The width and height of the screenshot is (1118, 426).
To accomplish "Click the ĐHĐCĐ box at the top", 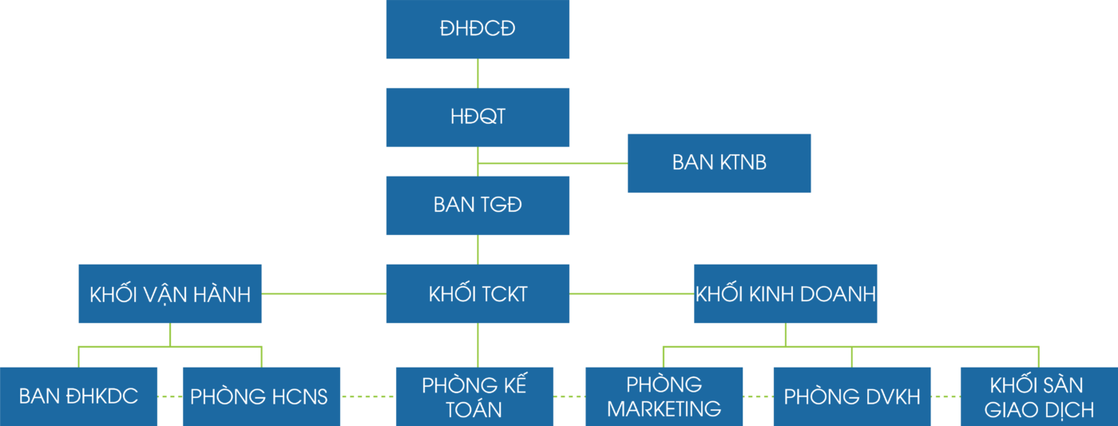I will click(478, 30).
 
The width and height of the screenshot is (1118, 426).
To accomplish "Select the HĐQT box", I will click(478, 117).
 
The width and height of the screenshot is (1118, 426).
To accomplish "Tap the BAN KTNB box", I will click(719, 163).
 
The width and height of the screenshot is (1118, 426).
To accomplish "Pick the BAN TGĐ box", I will click(478, 205).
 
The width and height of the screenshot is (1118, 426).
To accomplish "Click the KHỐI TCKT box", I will click(478, 293).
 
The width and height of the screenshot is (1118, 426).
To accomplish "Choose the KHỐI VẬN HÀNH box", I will click(170, 293).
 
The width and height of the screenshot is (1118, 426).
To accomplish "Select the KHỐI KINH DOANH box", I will click(785, 293).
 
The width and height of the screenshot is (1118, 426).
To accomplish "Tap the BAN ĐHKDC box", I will click(78, 396).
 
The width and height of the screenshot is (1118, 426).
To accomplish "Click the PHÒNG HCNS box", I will click(261, 396).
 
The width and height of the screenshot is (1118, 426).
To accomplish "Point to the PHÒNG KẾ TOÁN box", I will click(474, 396).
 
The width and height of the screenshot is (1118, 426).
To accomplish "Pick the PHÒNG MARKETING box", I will click(664, 396).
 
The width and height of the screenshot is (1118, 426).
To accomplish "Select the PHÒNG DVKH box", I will click(852, 396).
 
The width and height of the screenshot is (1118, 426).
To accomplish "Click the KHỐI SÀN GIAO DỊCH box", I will click(1038, 396).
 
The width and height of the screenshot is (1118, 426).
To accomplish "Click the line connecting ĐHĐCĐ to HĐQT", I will click(478, 73).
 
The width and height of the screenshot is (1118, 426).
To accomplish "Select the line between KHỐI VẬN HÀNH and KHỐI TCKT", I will click(323, 293).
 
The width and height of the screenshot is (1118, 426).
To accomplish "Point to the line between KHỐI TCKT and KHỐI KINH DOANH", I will click(631, 293).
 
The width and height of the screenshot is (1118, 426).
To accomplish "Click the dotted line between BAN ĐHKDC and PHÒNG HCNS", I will click(170, 396).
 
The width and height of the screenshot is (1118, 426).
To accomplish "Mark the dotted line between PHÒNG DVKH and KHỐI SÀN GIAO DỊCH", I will click(946, 396).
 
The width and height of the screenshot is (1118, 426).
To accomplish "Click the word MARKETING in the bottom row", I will click(664, 409).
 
